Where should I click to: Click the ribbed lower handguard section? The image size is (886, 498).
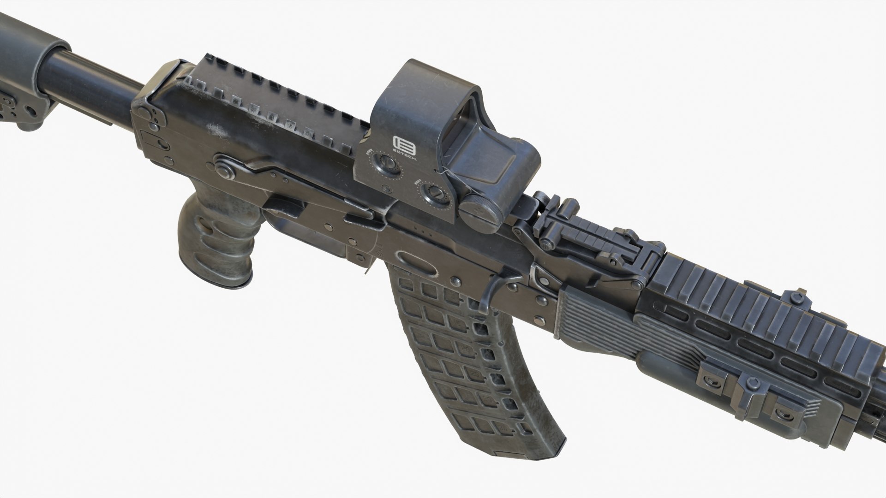(595, 318)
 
